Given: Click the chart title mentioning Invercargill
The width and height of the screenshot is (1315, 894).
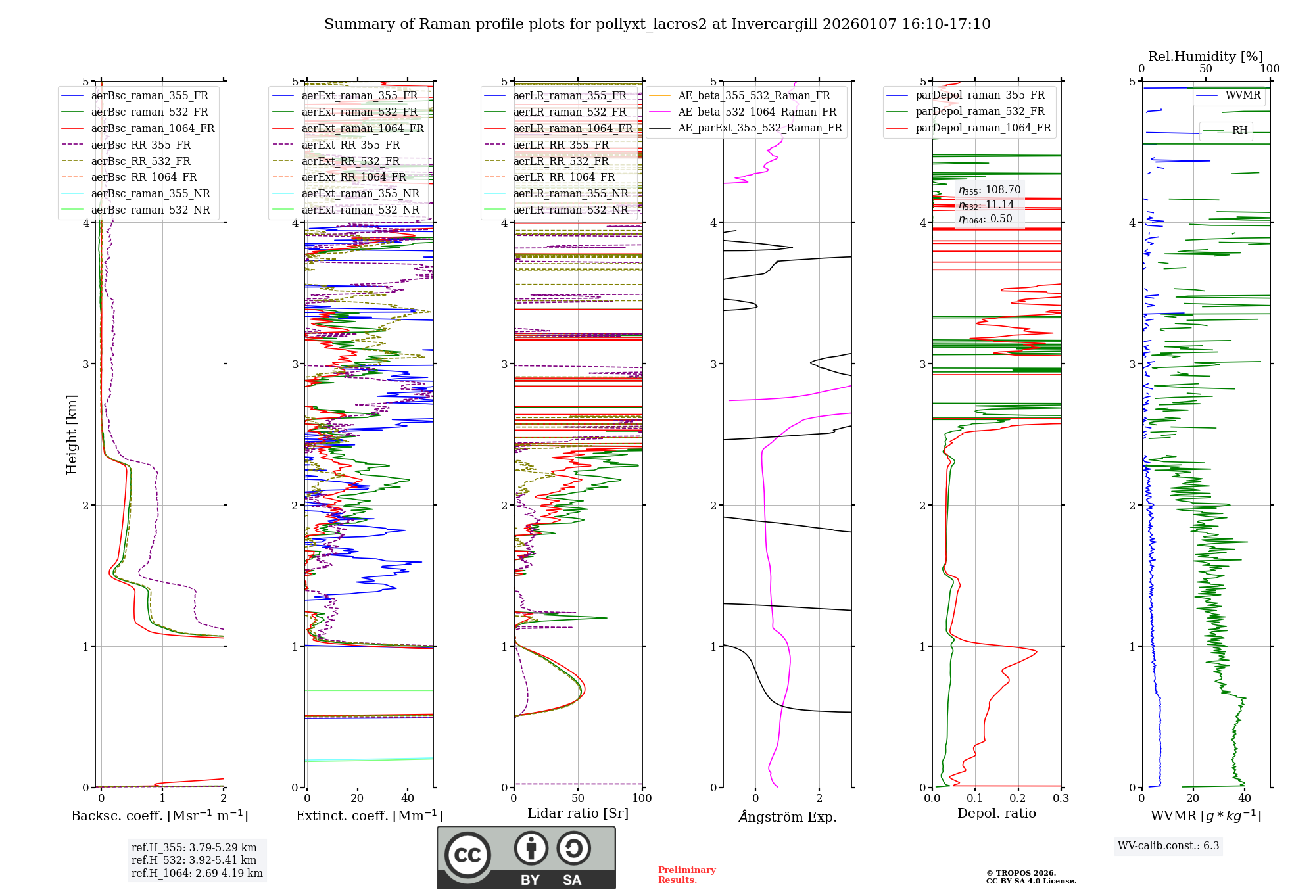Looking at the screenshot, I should coord(657,24).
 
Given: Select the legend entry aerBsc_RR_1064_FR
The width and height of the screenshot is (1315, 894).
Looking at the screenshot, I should coord(144,177).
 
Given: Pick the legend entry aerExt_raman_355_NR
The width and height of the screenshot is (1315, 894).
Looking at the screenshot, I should coord(360,194).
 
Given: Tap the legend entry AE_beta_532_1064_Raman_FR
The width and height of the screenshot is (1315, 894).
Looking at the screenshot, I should coord(757,112).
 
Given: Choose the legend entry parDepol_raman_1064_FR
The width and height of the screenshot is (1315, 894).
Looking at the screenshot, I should coord(983,128).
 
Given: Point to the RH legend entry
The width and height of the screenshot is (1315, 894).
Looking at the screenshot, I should coord(1239,131).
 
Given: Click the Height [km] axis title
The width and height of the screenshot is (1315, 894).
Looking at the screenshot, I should coord(72,435).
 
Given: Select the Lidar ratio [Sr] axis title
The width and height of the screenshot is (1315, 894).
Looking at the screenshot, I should coord(578,814).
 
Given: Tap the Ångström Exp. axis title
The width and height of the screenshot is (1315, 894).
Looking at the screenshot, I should coord(788,817).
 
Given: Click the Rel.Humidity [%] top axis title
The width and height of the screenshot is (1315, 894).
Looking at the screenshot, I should coord(1205,57).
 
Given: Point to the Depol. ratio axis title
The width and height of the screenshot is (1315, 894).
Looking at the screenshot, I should coord(996,814).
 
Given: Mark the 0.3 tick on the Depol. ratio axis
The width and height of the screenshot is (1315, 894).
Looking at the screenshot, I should coord(1061,799).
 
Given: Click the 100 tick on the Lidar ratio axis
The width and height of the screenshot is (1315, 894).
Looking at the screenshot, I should coord(642,799).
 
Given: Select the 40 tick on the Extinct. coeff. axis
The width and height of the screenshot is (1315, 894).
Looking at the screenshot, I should coord(408,799).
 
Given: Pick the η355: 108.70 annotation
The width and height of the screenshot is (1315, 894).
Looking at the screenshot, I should coord(990,190).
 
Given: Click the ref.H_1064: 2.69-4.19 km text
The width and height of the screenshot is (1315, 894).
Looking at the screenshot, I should coord(197,874).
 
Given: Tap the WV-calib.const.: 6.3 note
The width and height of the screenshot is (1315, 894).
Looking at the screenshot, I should coord(1168,846).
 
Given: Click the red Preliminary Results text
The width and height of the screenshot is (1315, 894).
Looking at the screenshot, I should coord(686,875).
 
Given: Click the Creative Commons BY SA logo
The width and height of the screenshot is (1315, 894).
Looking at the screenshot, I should coord(526,857).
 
